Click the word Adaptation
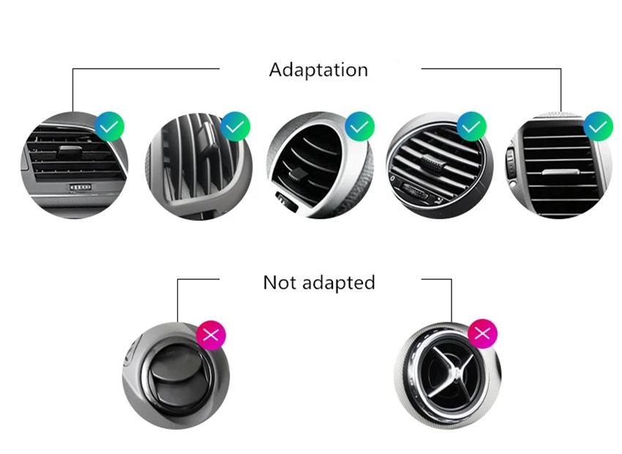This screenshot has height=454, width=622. click(318, 70)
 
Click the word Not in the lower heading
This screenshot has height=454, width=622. click(280, 282)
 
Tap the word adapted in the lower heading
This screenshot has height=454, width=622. click(339, 283)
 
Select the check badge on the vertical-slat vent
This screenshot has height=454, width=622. click(235, 126)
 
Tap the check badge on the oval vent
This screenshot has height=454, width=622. click(359, 126)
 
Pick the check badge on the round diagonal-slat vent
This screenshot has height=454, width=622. click(472, 126)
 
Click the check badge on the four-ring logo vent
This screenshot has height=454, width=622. click(110, 126)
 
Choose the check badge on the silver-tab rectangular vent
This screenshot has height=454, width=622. click(598, 126)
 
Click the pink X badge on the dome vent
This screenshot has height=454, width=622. click(211, 335)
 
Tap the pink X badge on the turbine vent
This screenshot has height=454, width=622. click(483, 333)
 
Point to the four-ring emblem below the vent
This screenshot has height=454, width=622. click(80, 186)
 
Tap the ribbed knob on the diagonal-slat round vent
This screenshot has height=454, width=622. click(432, 164)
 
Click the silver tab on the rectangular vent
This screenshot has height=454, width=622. click(560, 172)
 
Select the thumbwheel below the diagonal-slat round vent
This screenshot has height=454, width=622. click(414, 191)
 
